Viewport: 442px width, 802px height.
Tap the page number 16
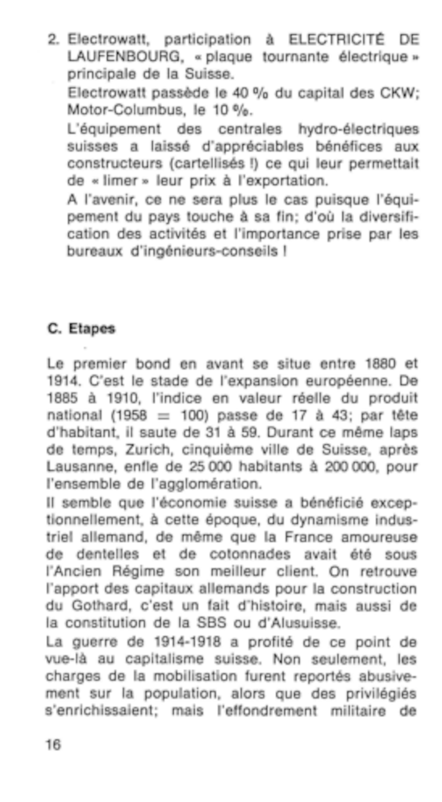[x=53, y=744]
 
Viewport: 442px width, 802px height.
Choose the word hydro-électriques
[x=358, y=129]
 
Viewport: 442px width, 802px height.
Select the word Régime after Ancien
[x=138, y=571]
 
